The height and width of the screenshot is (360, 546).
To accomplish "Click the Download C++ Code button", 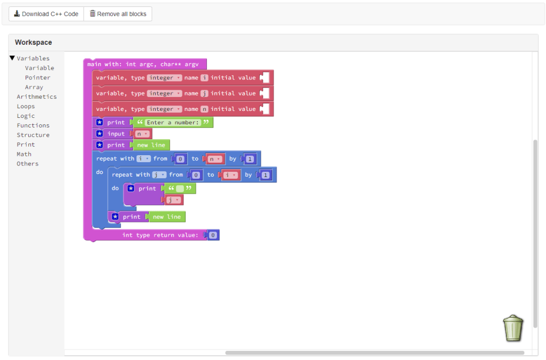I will [x=46, y=14].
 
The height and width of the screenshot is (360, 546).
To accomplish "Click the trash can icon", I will [x=513, y=328].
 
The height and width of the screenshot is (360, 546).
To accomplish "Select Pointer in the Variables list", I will [x=37, y=77].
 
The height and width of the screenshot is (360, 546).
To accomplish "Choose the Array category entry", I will [x=34, y=87].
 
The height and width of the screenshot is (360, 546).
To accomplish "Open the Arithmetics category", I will [x=36, y=97].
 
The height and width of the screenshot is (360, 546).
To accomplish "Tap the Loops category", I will [x=26, y=106].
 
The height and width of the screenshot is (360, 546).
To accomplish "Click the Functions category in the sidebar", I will [x=33, y=125].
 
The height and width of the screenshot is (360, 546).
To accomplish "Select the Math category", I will [x=24, y=154].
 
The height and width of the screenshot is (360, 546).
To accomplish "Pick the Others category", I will [x=27, y=164].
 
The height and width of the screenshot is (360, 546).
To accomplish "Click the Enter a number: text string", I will [x=173, y=123].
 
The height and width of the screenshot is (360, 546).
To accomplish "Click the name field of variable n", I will [x=204, y=109].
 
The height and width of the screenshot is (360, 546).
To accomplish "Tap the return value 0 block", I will [x=213, y=235].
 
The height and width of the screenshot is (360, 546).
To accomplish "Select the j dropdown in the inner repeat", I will [x=159, y=174].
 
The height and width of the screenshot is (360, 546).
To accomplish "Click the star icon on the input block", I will [x=100, y=134].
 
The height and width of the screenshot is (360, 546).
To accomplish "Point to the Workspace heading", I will [x=33, y=42].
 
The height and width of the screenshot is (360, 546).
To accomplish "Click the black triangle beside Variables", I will [x=12, y=58].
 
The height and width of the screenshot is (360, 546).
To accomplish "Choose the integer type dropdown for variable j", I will [x=164, y=93].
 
